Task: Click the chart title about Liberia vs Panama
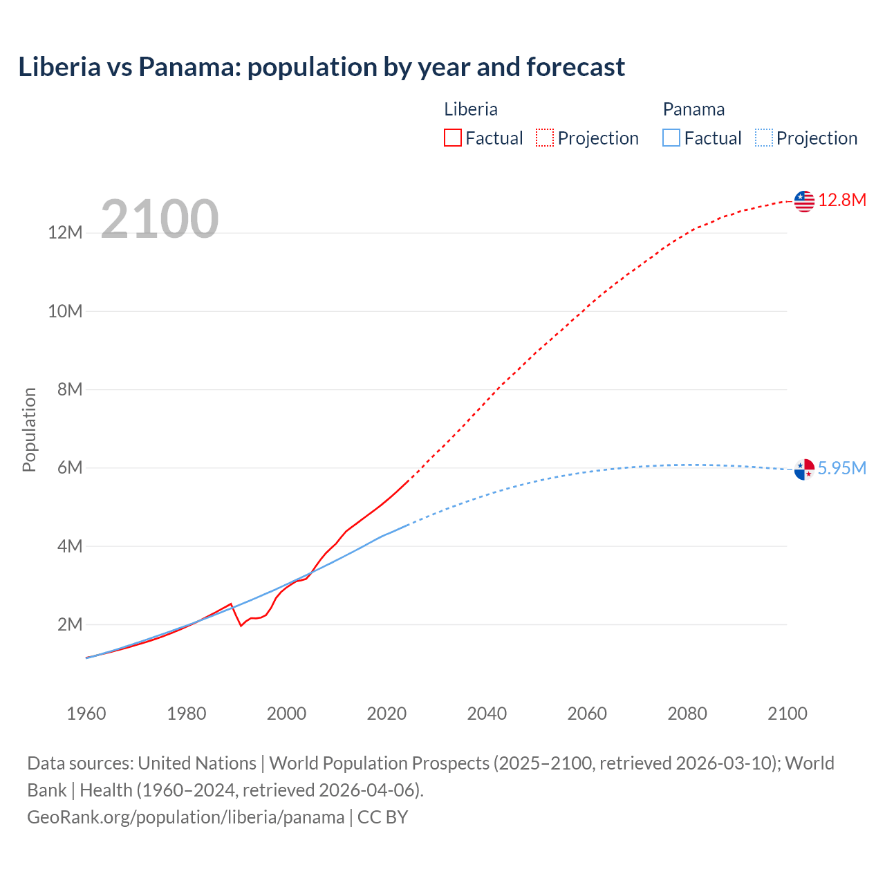pyautogui.click(x=322, y=67)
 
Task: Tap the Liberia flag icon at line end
pyautogui.click(x=804, y=201)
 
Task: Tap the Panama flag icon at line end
pyautogui.click(x=804, y=469)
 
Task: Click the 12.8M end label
pyautogui.click(x=842, y=201)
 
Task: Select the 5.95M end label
pyautogui.click(x=842, y=469)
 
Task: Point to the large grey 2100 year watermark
pyautogui.click(x=160, y=220)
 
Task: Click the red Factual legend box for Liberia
pyautogui.click(x=453, y=138)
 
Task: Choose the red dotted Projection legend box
pyautogui.click(x=545, y=138)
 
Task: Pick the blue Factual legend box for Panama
pyautogui.click(x=671, y=138)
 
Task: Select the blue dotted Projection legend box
pyautogui.click(x=764, y=138)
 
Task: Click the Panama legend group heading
pyautogui.click(x=693, y=109)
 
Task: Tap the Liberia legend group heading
pyautogui.click(x=471, y=109)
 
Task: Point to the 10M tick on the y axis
pyautogui.click(x=65, y=311)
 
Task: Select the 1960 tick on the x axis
pyautogui.click(x=86, y=714)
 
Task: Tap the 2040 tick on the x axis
pyautogui.click(x=487, y=714)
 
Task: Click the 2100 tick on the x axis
pyautogui.click(x=788, y=714)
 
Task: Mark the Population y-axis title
pyautogui.click(x=29, y=429)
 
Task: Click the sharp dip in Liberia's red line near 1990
pyautogui.click(x=241, y=625)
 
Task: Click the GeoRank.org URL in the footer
pyautogui.click(x=185, y=817)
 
